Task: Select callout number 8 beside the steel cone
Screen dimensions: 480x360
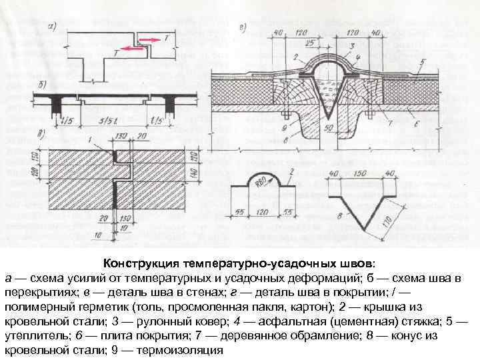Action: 338,215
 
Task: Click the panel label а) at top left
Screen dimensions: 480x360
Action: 53,27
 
